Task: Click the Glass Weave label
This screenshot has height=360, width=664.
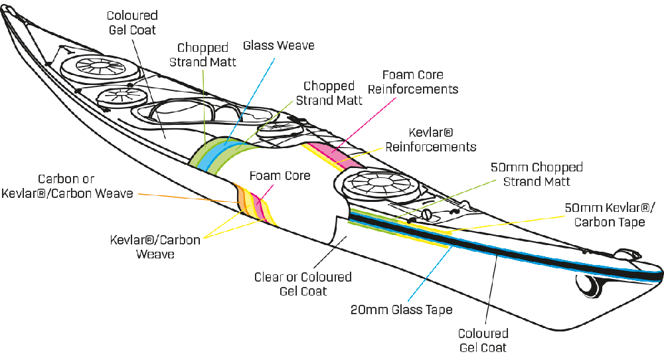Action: [x=278, y=46]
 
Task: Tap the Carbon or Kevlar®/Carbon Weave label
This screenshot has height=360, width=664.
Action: [x=68, y=186]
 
